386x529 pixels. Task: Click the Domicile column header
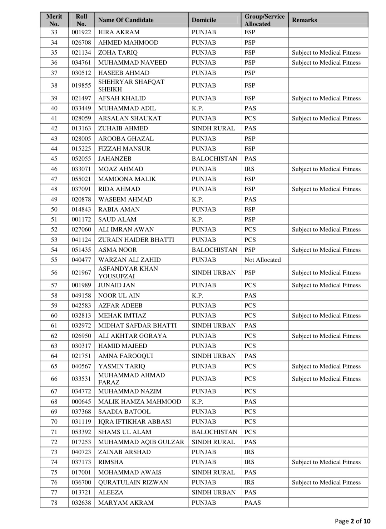coord(204,20)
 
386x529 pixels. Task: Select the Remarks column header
coord(304,20)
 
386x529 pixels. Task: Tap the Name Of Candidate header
coord(126,20)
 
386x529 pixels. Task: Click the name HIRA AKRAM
coord(119,32)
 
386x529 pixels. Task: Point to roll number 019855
coord(81,85)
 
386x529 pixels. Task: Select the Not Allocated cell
coord(263,260)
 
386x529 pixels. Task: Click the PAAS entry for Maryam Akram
coord(253,503)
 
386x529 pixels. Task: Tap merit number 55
coord(54,260)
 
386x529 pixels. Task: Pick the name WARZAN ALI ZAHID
coord(129,260)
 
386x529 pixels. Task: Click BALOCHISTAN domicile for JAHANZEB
coord(214,159)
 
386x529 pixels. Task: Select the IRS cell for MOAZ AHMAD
coord(249,169)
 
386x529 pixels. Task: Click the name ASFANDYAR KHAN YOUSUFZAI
coord(128,272)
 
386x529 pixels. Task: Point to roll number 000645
coord(81,402)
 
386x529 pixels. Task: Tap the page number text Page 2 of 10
coord(352,521)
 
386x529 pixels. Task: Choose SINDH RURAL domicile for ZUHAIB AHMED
coord(213,128)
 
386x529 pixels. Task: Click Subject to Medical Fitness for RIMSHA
coord(326,462)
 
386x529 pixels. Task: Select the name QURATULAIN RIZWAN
coord(133,483)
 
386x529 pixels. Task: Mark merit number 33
coord(54,32)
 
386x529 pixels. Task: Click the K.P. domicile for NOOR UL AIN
coord(197,296)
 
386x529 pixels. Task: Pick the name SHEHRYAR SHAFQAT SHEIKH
coord(131,85)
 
